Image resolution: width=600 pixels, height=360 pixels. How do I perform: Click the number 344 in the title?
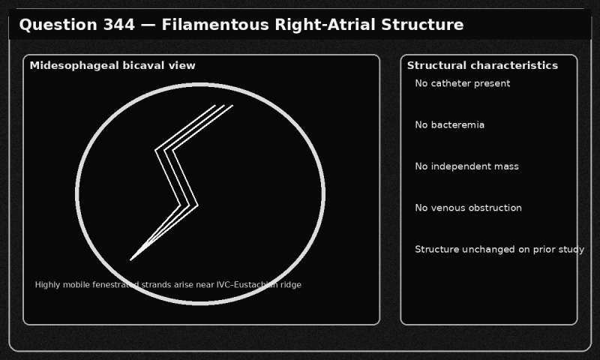(119, 25)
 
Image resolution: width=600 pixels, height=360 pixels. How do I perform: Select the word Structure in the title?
(422, 25)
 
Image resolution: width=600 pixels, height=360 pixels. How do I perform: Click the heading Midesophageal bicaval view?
(112, 66)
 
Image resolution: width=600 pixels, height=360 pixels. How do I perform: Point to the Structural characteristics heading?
(482, 65)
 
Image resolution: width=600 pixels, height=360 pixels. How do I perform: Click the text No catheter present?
(462, 83)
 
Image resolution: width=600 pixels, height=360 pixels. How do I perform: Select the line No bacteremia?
(449, 125)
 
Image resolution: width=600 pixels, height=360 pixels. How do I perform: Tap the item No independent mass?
(466, 166)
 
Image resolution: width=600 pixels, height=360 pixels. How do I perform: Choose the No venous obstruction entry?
(468, 208)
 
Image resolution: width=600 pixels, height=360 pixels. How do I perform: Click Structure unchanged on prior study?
(499, 250)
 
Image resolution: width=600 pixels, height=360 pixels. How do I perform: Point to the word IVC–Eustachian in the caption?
(247, 285)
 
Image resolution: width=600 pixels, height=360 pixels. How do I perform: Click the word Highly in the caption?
(47, 285)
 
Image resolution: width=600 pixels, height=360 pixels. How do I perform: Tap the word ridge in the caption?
(291, 285)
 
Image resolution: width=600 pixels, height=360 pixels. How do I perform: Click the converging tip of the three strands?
(130, 260)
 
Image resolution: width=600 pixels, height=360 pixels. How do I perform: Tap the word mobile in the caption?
(73, 285)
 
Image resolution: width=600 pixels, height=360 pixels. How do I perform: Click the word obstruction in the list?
(496, 208)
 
